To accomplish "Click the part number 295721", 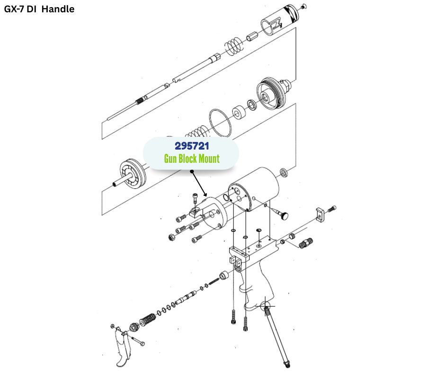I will pos(191,146).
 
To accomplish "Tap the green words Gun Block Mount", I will pos(192,159).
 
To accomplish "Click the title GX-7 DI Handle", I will pos(39,9).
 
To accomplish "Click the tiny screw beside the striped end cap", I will pos(304,6).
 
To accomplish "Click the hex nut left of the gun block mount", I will pos(171,236).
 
